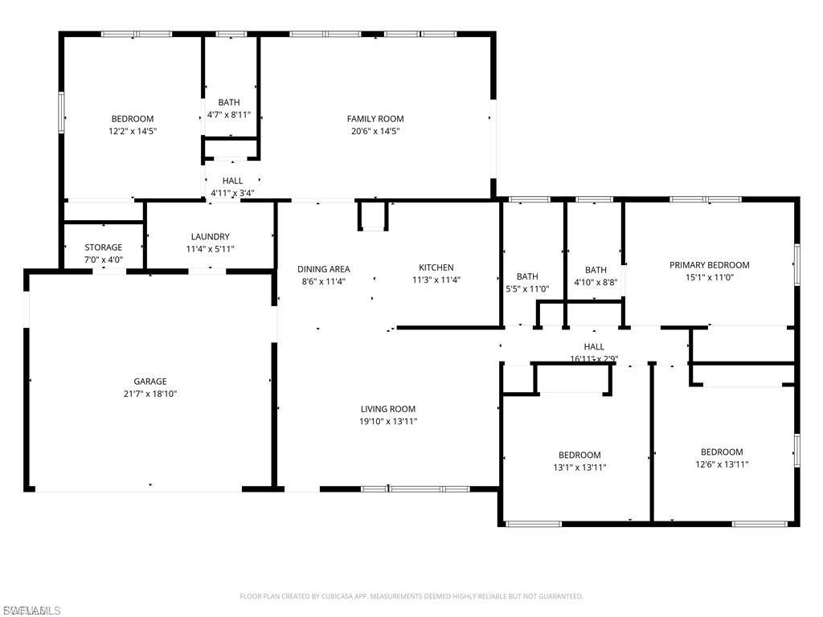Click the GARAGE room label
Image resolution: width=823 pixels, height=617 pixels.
coord(149,382)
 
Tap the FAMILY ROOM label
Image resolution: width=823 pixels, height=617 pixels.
coord(375,119)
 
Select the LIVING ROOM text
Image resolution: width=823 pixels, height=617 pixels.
coord(387,409)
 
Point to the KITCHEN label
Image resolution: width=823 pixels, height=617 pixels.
coord(436,268)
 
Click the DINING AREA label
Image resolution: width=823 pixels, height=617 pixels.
coord(323,269)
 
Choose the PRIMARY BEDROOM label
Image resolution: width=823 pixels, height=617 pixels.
coord(709,265)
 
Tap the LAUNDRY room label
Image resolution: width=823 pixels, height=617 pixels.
coord(210,237)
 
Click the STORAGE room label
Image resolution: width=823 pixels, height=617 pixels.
coord(104,247)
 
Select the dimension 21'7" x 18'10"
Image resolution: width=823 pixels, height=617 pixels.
coord(149,394)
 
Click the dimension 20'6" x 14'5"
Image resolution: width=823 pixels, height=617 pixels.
coord(375,130)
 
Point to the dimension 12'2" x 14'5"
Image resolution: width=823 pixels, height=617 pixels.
coord(133,130)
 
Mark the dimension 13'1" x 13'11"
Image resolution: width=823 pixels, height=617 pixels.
coord(579,467)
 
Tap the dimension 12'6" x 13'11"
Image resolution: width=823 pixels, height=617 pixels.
coord(722,464)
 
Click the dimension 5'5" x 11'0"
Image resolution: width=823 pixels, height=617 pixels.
coord(527,288)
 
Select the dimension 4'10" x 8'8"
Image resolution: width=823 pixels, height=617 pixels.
coord(596,282)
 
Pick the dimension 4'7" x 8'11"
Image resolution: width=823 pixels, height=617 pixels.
coord(229,114)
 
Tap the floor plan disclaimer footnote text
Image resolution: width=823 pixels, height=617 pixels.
coord(411,596)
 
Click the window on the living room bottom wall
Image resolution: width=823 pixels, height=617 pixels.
coord(415,488)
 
